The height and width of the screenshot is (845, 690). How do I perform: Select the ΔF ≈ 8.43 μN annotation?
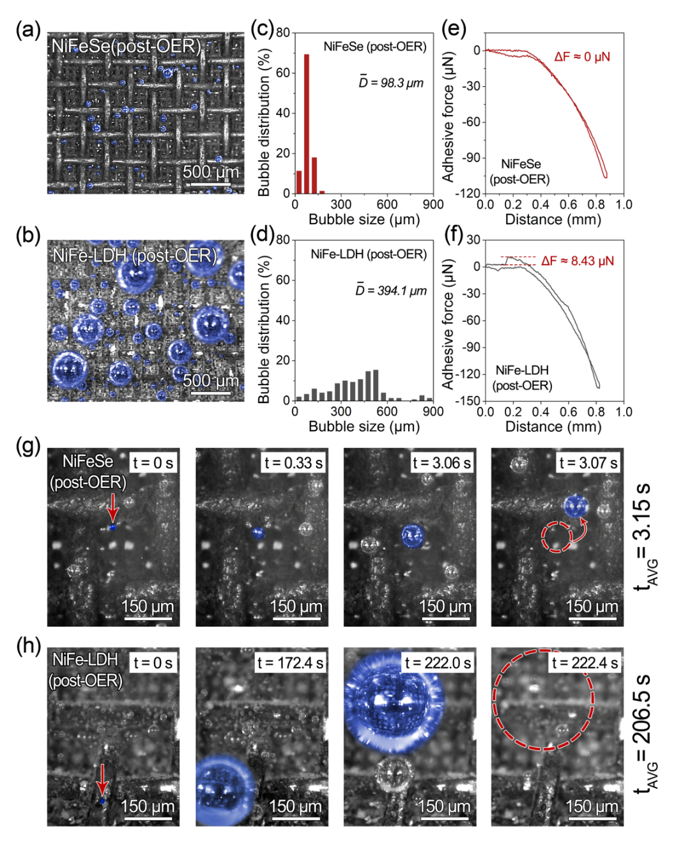(x=577, y=261)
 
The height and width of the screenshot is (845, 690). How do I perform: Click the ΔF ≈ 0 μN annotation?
(x=582, y=57)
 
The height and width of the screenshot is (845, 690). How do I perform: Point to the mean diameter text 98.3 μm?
(x=391, y=82)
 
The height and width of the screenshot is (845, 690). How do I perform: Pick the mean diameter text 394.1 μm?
(x=391, y=291)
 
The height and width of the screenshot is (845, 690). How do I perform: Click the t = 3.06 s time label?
(x=441, y=463)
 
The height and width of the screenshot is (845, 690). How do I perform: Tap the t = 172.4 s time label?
(x=290, y=663)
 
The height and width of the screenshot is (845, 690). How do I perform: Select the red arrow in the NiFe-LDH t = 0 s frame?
(x=102, y=780)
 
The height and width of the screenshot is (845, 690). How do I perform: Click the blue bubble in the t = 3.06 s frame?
(x=413, y=536)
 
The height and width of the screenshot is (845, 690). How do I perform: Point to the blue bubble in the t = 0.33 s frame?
(x=258, y=533)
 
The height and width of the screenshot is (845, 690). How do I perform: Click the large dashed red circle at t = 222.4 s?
(x=543, y=699)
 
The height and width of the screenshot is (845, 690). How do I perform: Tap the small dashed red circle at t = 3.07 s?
(x=556, y=537)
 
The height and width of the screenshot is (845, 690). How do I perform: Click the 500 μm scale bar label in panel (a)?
(x=211, y=172)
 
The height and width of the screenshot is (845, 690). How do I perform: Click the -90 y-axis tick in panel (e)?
(x=471, y=158)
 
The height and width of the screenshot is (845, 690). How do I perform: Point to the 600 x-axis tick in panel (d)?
(x=387, y=412)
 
